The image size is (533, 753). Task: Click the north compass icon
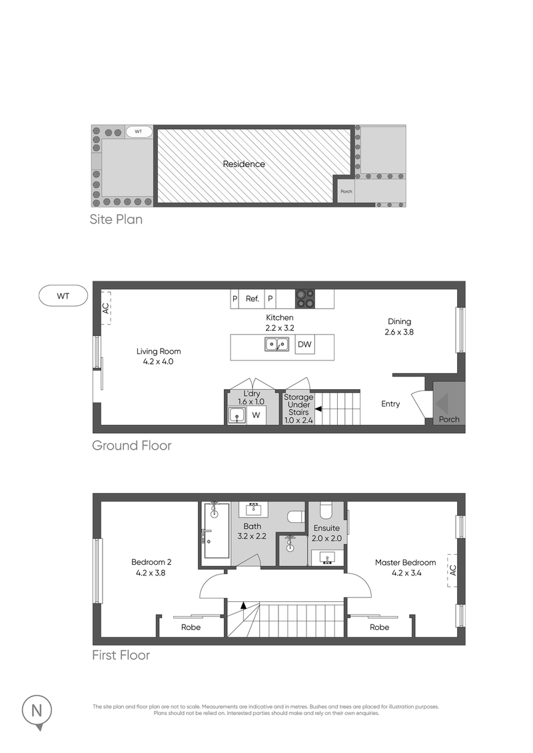(37, 710)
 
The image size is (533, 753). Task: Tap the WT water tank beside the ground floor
(63, 295)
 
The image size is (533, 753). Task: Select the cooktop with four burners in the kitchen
(305, 298)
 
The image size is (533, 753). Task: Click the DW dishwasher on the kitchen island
(304, 345)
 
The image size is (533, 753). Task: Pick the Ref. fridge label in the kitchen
(252, 299)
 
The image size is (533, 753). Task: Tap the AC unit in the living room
(105, 308)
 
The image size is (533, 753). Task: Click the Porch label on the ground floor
(448, 419)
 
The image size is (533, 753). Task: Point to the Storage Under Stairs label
(298, 405)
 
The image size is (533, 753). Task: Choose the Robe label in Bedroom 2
(191, 627)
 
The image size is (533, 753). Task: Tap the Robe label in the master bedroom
(379, 627)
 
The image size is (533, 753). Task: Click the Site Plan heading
(116, 219)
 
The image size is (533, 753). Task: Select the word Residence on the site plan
(243, 164)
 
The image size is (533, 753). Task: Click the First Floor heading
(121, 655)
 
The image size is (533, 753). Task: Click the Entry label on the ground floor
(390, 404)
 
